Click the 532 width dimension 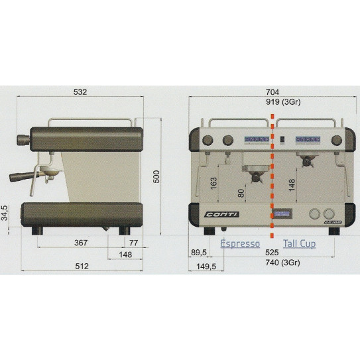point(80,92)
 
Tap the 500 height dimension point(156,176)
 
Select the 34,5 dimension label point(5,213)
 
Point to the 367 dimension point(81,243)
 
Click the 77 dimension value point(134,243)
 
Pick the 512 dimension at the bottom point(82,266)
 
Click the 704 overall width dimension point(272,92)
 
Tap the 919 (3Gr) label point(283,101)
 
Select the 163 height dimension point(213,183)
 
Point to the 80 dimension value point(241,193)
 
